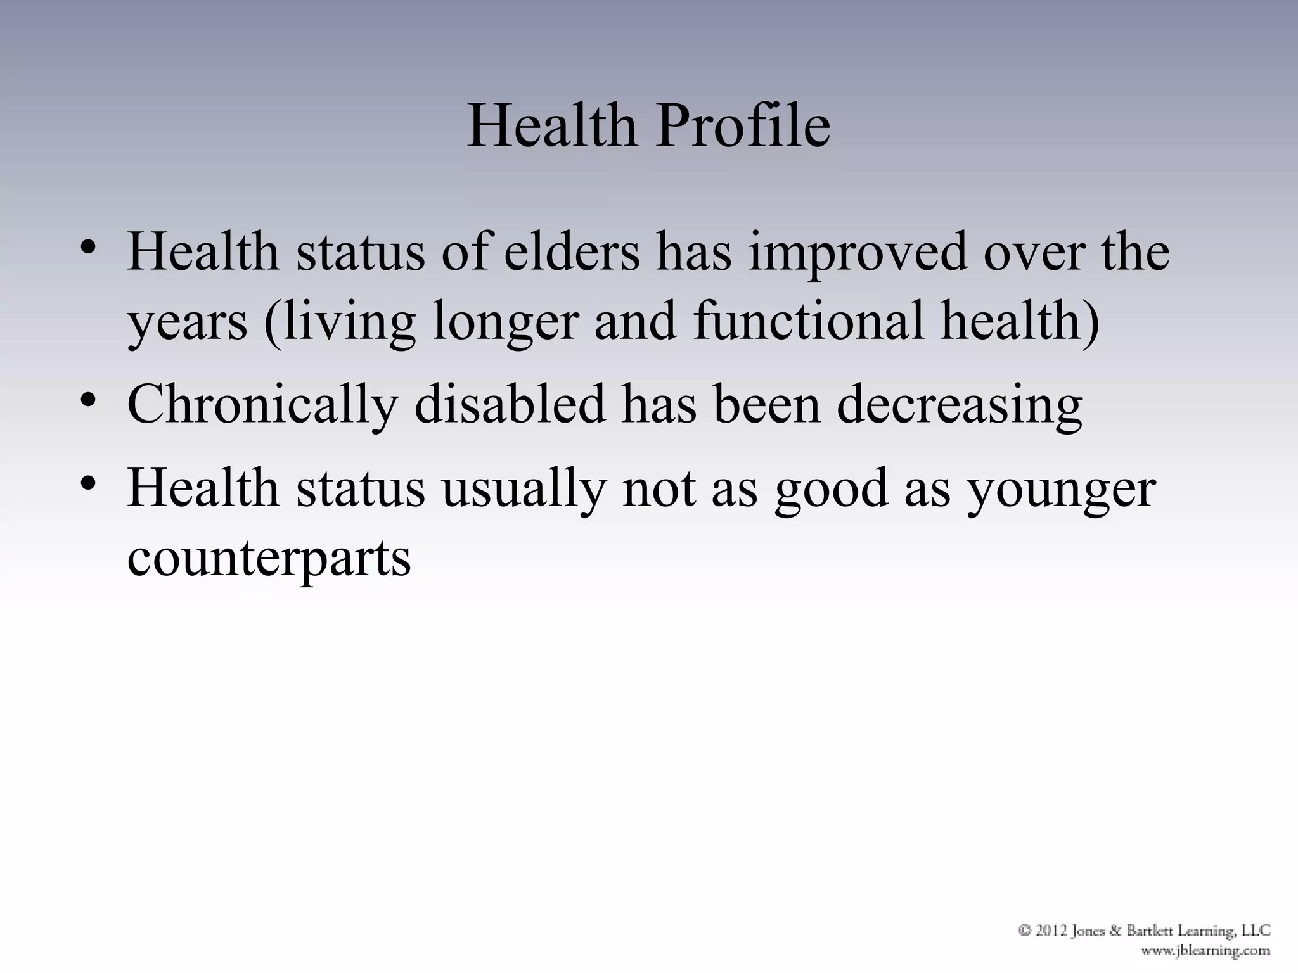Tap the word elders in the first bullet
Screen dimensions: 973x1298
click(572, 252)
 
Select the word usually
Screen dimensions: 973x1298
click(524, 490)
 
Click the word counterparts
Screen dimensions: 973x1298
click(269, 559)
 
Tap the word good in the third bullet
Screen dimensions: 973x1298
click(831, 490)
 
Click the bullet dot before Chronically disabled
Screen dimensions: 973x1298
click(88, 402)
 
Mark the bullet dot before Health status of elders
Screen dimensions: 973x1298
click(88, 247)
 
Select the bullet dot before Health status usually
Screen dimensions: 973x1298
click(88, 485)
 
